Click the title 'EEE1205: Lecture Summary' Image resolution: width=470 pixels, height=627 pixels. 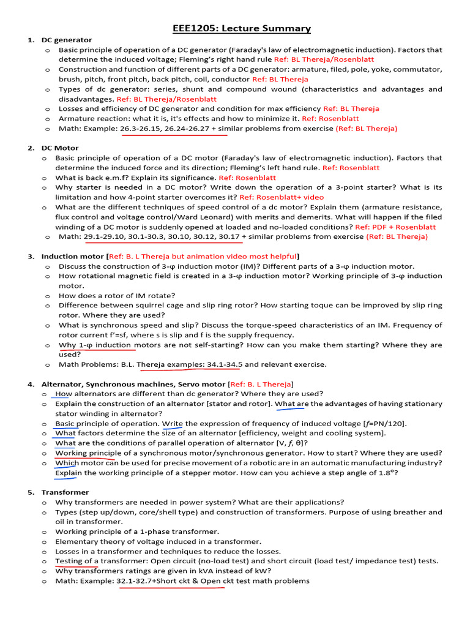(x=241, y=29)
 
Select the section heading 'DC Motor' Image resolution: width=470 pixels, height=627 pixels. (x=59, y=148)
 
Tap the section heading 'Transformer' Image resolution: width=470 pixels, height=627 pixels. (x=65, y=492)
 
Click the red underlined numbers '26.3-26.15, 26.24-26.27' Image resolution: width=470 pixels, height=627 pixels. (x=165, y=129)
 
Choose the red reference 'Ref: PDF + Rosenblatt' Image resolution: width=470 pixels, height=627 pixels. (x=395, y=227)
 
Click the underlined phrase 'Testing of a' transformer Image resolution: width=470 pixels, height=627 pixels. (x=76, y=561)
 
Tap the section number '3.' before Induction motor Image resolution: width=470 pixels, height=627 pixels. (x=31, y=256)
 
